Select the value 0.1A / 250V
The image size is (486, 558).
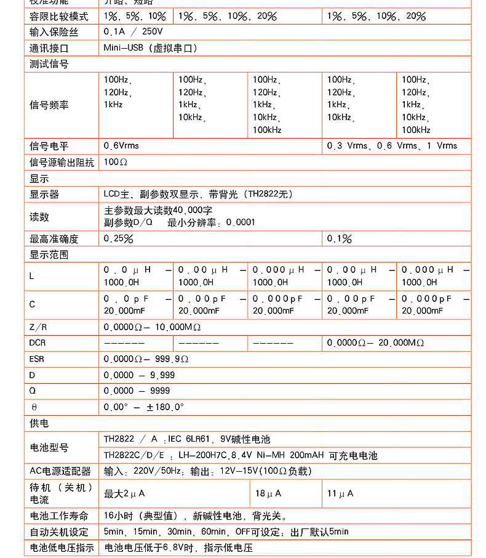133,31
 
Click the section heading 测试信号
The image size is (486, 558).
49,64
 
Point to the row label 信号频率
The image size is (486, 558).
49,105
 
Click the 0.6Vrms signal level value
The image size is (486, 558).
121,146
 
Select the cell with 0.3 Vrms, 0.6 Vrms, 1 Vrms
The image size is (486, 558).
392,146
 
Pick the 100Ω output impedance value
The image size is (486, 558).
116,162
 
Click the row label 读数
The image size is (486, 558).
39,217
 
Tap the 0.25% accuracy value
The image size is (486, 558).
119,238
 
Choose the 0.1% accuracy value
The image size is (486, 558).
340,238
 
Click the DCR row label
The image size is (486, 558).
38,342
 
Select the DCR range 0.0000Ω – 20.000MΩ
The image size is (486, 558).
375,342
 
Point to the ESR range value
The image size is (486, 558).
146,358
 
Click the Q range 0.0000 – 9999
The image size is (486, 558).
137,390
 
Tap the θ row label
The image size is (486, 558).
34,407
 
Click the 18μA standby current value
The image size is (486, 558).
268,493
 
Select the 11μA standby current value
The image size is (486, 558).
340,493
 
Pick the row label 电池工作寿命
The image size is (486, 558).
58,516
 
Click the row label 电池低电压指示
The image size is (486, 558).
62,548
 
